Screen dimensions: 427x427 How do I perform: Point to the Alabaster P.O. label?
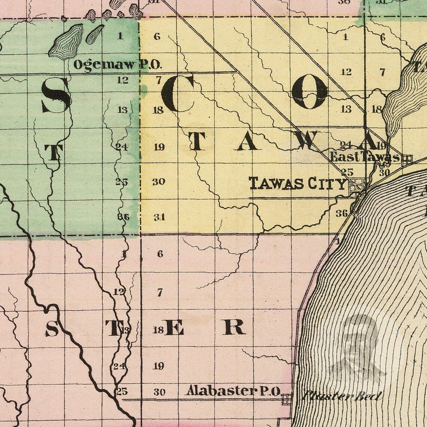coord(233,391)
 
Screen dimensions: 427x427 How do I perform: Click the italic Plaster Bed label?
coord(342,396)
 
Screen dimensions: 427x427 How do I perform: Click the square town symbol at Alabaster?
coord(287,399)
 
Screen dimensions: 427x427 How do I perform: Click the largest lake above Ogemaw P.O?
coord(68,41)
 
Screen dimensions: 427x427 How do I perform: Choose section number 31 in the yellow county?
coord(159,217)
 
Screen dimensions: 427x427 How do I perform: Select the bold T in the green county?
coord(53,152)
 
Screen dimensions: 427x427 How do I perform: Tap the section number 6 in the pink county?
coord(160,254)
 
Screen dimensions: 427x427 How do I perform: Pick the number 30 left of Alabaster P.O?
coord(159,392)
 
